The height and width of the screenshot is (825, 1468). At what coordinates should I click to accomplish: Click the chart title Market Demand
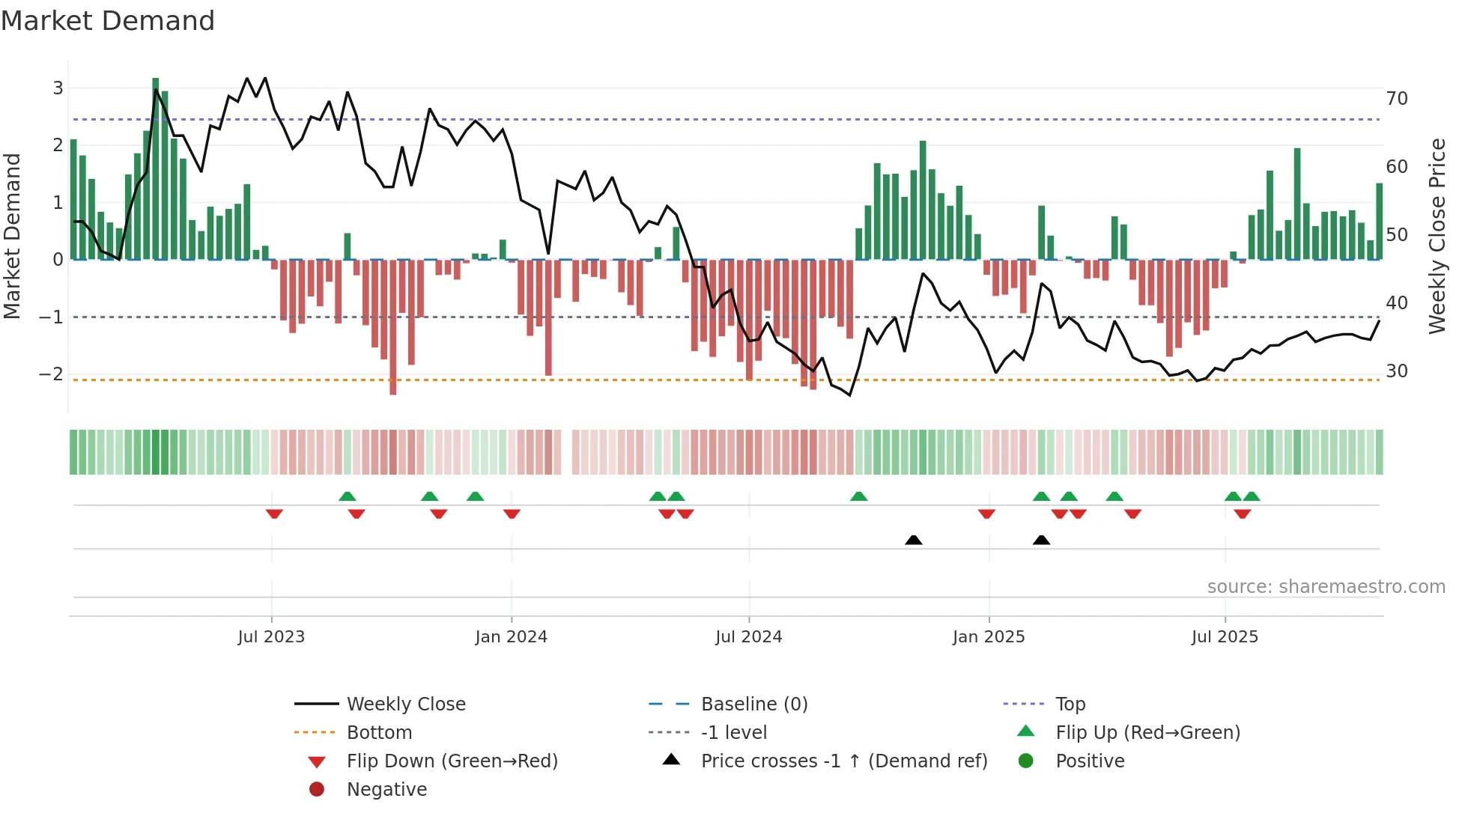108,21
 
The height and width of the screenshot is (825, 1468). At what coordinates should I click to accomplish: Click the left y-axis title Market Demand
13,236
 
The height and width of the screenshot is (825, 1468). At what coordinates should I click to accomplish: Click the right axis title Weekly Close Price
1437,236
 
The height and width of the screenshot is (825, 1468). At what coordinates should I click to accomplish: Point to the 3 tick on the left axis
58,88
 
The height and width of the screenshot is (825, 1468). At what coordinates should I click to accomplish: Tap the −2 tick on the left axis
52,374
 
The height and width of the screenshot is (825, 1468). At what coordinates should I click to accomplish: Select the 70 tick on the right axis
1397,99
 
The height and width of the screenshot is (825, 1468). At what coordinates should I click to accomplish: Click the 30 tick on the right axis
1397,371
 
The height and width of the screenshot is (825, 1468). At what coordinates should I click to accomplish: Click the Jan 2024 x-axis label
511,637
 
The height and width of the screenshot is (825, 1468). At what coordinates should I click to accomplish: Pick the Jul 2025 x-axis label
1225,637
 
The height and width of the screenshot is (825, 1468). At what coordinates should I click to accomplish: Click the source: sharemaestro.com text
1326,587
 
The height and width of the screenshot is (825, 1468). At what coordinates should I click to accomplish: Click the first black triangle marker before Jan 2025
913,540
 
